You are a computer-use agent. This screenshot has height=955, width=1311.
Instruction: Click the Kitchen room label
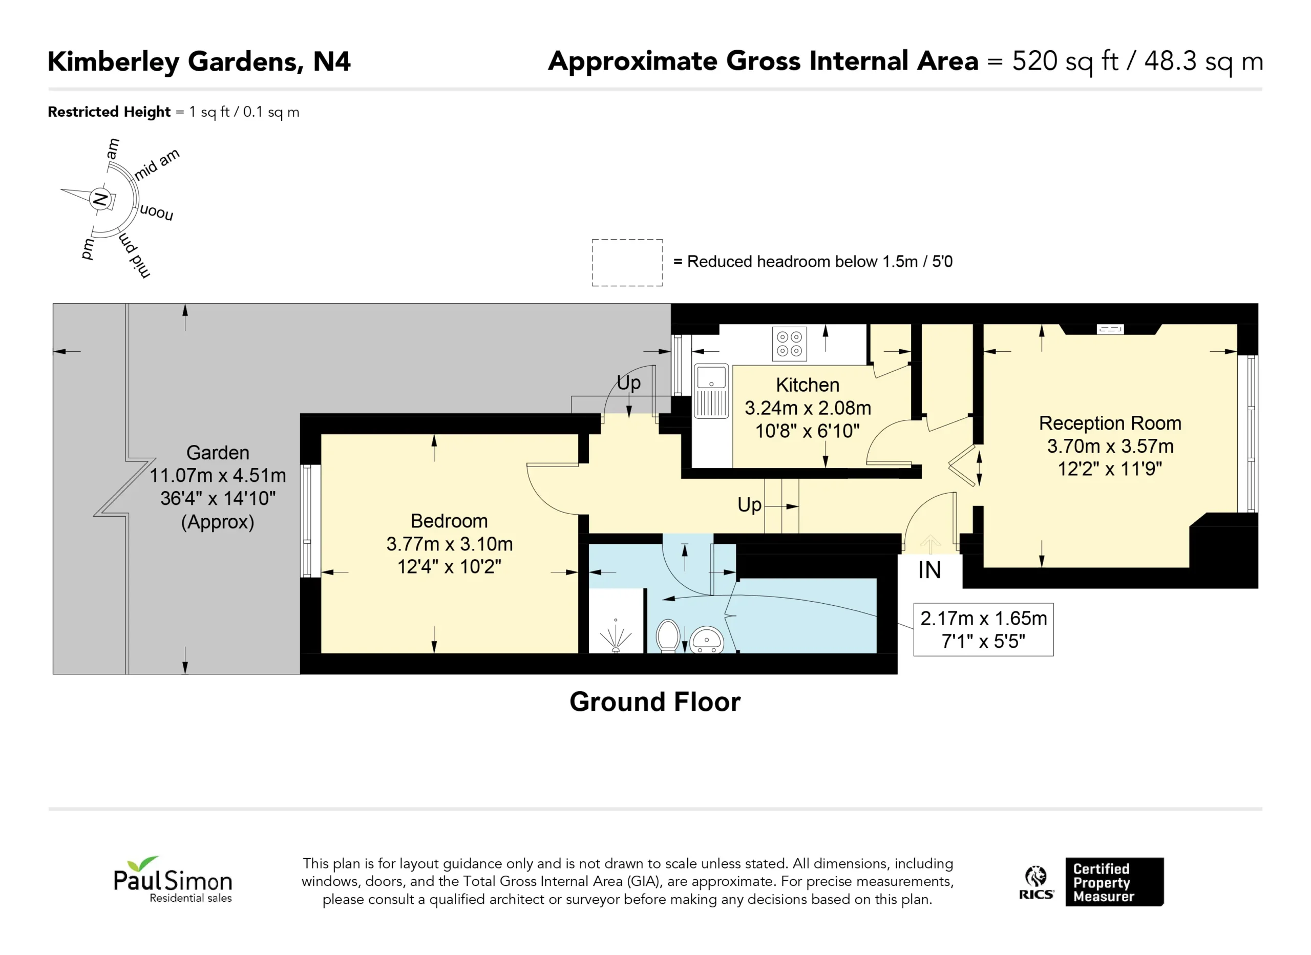[808, 385]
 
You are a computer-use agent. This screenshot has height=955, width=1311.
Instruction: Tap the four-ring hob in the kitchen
[790, 344]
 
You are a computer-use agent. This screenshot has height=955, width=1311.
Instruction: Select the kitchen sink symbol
[711, 391]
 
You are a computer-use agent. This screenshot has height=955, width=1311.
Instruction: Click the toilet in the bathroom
[668, 635]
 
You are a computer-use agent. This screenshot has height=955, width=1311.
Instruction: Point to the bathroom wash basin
[706, 640]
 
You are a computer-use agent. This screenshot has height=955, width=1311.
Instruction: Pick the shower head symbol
[616, 636]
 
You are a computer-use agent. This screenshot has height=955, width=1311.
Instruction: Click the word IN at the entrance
[929, 570]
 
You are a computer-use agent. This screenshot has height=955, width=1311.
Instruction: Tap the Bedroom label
[449, 521]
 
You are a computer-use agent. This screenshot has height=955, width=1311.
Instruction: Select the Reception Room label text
[1110, 423]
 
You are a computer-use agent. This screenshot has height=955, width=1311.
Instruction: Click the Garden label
[218, 453]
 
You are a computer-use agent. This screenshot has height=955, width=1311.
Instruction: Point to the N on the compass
[100, 199]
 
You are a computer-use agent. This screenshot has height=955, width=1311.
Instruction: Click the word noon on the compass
[157, 212]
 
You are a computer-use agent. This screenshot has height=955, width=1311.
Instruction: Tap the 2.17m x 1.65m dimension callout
[983, 629]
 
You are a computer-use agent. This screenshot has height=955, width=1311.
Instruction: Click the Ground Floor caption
[655, 702]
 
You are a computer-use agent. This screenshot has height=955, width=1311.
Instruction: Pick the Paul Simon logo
[173, 879]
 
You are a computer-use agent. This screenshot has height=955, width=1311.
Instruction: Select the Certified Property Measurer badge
[1114, 882]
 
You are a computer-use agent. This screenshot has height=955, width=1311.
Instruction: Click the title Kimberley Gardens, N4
[199, 62]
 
